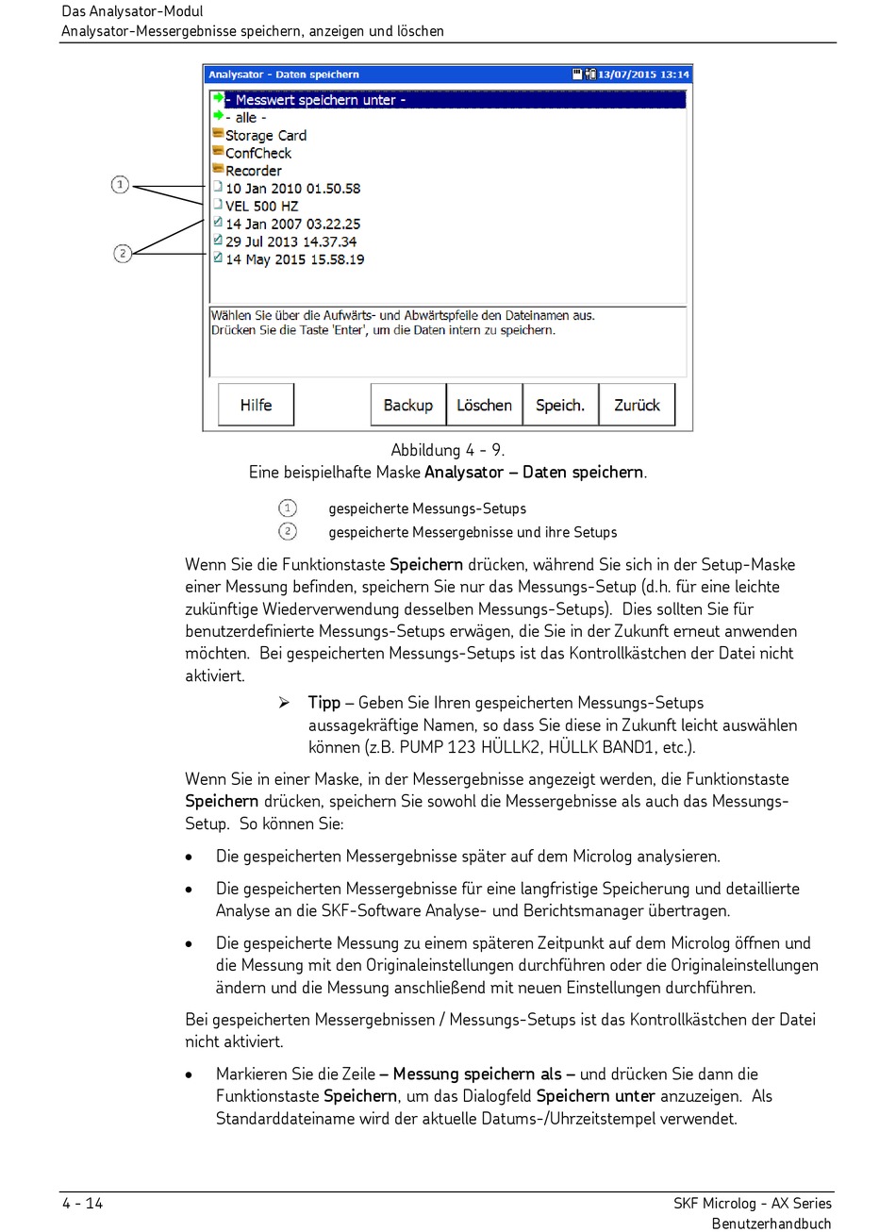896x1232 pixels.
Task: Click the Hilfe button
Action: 256,405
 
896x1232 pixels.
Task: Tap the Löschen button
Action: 484,405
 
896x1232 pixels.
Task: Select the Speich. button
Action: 560,405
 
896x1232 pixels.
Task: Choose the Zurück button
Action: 637,405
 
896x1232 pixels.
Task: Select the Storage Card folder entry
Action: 265,136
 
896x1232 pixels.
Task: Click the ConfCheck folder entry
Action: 257,153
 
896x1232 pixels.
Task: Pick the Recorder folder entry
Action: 253,171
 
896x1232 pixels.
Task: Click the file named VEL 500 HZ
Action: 261,207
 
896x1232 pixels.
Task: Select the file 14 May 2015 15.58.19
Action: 294,259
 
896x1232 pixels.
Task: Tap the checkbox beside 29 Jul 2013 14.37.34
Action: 218,241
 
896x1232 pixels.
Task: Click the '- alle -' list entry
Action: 245,118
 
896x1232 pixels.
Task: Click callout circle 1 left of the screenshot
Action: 120,185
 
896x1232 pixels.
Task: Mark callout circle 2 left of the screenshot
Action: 123,253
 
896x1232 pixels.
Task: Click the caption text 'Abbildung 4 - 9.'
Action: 447,450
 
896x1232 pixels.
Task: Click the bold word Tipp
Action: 324,703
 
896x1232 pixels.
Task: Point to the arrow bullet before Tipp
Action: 284,703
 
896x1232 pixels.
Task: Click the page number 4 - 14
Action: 83,1203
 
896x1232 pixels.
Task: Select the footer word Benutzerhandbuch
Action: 772,1224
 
